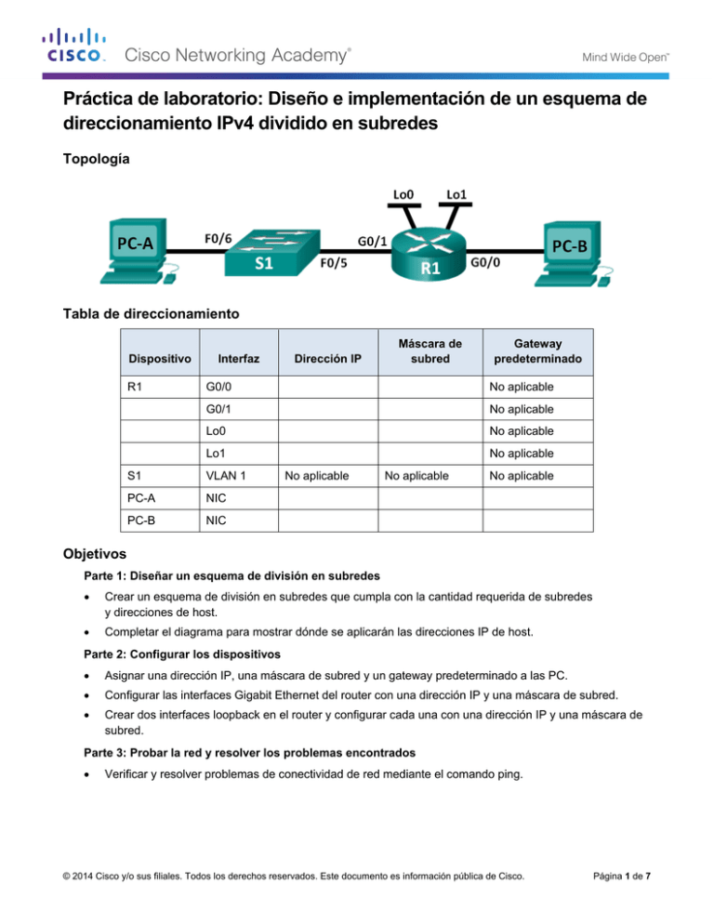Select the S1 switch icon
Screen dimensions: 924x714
pyautogui.click(x=264, y=253)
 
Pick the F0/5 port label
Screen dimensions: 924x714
pyautogui.click(x=341, y=263)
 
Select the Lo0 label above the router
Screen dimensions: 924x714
pyautogui.click(x=403, y=194)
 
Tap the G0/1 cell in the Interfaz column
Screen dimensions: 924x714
pyautogui.click(x=219, y=408)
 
